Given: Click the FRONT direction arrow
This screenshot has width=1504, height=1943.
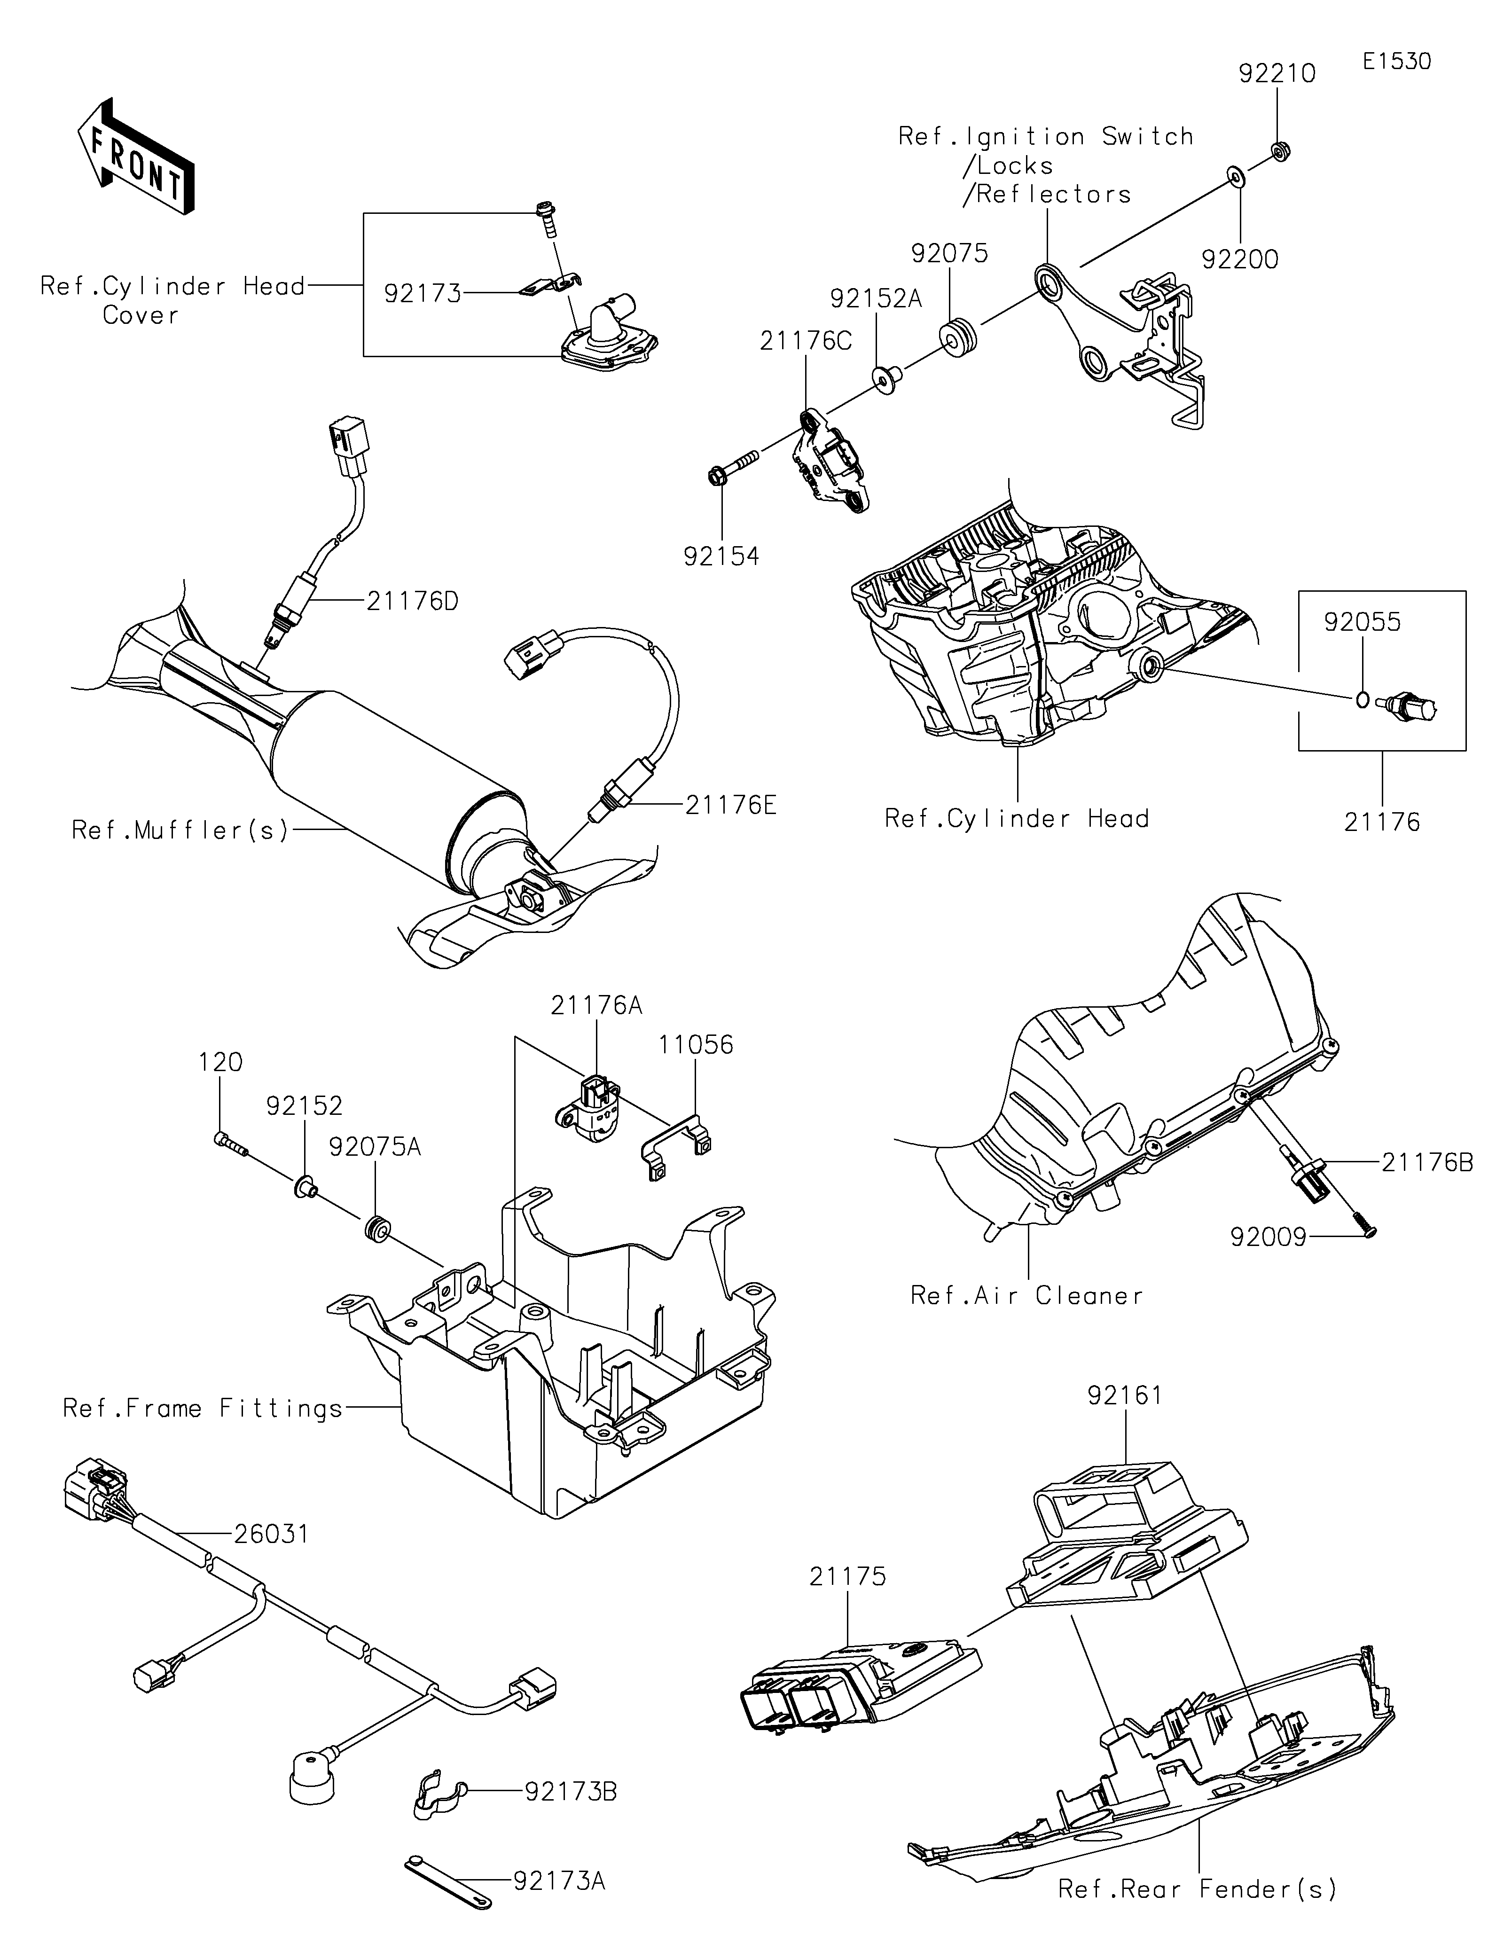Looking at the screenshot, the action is [x=135, y=156].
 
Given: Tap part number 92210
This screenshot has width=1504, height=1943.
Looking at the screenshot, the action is [x=1277, y=74].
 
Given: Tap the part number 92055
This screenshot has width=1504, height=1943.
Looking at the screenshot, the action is [x=1362, y=622].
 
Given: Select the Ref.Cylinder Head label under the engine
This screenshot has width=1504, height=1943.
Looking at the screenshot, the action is [x=1017, y=818].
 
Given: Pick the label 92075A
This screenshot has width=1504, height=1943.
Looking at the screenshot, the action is [x=375, y=1148].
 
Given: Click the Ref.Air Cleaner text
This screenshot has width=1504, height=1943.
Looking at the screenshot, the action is [x=1026, y=1295].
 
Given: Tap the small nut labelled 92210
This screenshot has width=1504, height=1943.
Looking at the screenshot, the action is [x=1278, y=151].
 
